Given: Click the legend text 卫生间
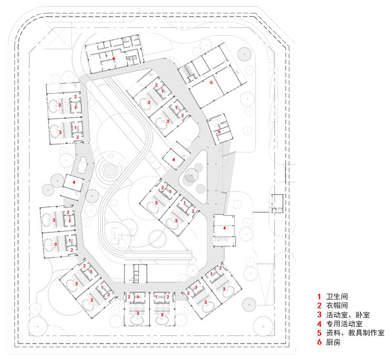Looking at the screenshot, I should pyautogui.click(x=338, y=296).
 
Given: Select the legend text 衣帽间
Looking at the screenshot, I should pyautogui.click(x=338, y=305).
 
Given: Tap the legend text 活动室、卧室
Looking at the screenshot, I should pyautogui.click(x=348, y=315).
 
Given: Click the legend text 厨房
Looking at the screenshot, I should pyautogui.click(x=334, y=342).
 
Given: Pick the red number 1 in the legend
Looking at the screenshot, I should pyautogui.click(x=319, y=296).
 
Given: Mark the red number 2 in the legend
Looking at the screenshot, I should pyautogui.click(x=319, y=305).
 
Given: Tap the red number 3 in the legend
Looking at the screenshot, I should pyautogui.click(x=319, y=315).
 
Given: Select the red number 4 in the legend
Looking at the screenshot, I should pyautogui.click(x=319, y=324).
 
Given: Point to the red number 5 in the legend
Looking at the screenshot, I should pyautogui.click(x=319, y=333).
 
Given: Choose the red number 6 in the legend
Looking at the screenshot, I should pyautogui.click(x=319, y=342).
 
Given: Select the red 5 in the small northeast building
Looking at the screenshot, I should pyautogui.click(x=219, y=131).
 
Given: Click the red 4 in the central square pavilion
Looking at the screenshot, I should pyautogui.click(x=173, y=159).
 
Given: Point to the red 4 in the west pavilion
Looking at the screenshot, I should pyautogui.click(x=73, y=182).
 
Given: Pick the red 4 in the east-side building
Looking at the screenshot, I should pyautogui.click(x=224, y=228).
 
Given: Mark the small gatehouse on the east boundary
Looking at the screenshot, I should pyautogui.click(x=277, y=203).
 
